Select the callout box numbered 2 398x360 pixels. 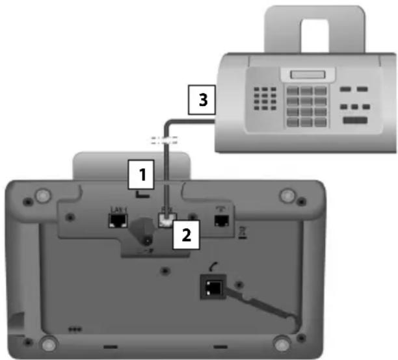coord(186,235)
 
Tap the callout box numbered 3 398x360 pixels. coord(202,101)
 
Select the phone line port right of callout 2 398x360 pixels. coord(222,221)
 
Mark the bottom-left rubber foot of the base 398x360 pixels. coord(48,342)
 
